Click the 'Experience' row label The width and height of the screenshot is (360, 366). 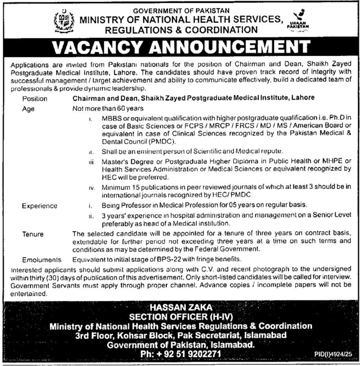[39, 206]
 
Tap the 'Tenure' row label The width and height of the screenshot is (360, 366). [33, 234]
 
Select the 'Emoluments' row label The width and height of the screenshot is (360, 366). [42, 260]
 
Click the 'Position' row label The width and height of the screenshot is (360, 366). [35, 98]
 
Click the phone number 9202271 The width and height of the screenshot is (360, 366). [202, 354]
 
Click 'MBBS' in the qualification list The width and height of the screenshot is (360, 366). [110, 118]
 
